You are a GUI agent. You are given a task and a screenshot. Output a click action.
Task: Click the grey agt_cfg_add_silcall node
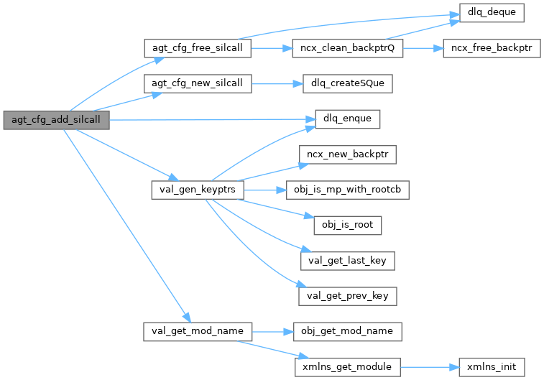click(x=56, y=120)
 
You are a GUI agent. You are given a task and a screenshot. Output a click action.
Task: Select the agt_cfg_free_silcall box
click(x=198, y=48)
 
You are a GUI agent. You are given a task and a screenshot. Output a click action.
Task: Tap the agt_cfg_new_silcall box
click(x=198, y=83)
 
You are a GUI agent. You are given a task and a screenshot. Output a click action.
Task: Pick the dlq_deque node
click(x=492, y=13)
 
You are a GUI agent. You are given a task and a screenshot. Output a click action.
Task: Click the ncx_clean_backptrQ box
click(x=348, y=48)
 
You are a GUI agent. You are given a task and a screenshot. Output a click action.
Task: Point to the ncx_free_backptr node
click(x=492, y=48)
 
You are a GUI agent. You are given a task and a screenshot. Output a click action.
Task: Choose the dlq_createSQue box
click(x=348, y=83)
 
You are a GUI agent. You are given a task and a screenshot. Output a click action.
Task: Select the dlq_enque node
click(x=348, y=119)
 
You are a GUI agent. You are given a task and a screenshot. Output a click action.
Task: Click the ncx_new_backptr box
click(x=348, y=154)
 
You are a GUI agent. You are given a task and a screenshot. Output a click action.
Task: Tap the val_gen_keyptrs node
click(x=198, y=190)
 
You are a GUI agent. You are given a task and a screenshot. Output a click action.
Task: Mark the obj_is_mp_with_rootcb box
click(x=348, y=190)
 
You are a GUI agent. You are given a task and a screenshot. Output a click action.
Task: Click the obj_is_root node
click(x=348, y=226)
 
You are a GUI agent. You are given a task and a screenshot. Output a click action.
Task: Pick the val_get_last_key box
click(x=348, y=261)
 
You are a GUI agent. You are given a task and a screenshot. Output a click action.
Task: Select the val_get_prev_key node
click(x=348, y=297)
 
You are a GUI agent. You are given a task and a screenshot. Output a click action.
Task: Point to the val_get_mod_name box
click(x=198, y=332)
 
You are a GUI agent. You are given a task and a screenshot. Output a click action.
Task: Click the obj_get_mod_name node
click(x=348, y=332)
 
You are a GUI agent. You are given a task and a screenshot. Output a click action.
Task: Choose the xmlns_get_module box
click(x=348, y=367)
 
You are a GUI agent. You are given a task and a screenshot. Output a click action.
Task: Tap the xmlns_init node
click(x=492, y=367)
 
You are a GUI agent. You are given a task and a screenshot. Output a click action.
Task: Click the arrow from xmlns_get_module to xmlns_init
click(x=430, y=367)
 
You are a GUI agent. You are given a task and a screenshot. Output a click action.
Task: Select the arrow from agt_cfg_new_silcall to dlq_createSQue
click(x=277, y=83)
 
